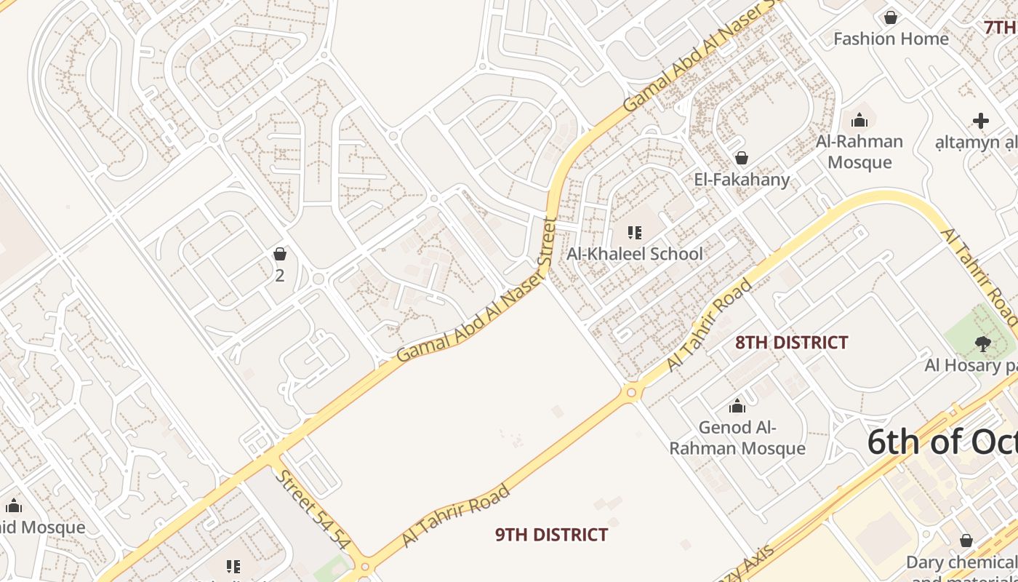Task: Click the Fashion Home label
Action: tap(891, 39)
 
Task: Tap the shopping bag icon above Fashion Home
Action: tap(890, 17)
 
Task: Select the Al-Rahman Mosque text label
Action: tap(859, 151)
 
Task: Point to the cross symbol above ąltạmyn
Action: tap(981, 121)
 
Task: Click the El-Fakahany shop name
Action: tap(742, 180)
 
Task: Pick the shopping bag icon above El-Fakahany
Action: tap(742, 157)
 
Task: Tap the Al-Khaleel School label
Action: tap(635, 254)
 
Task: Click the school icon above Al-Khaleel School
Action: tap(635, 233)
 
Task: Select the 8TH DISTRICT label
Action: tap(791, 343)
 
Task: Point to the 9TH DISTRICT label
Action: tap(551, 535)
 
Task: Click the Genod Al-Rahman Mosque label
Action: tap(737, 437)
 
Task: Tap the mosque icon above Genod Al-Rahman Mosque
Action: tap(737, 406)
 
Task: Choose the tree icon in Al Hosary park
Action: tap(982, 343)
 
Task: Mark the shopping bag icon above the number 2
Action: tap(280, 254)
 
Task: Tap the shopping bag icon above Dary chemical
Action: tap(966, 541)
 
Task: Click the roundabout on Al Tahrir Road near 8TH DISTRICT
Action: tap(631, 393)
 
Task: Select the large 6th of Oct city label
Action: tap(942, 442)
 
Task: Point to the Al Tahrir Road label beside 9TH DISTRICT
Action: tap(455, 516)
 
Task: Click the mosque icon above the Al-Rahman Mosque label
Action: tap(859, 120)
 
